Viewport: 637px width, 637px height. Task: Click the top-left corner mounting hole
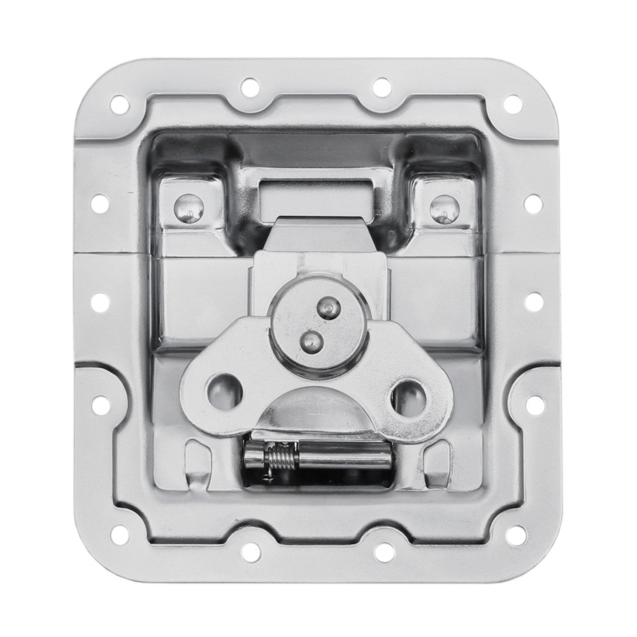tap(119, 104)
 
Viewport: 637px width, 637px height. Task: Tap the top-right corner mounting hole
tap(513, 104)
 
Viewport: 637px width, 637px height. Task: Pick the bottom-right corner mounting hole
tap(515, 536)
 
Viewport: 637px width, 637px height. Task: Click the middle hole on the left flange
tap(100, 303)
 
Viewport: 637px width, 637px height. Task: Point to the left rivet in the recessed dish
tap(189, 208)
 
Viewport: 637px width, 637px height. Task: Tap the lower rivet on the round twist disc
tap(310, 340)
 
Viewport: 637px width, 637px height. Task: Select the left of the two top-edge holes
tap(250, 87)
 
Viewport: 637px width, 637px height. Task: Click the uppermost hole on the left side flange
tap(100, 203)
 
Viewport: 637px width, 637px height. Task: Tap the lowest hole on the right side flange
tap(535, 404)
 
